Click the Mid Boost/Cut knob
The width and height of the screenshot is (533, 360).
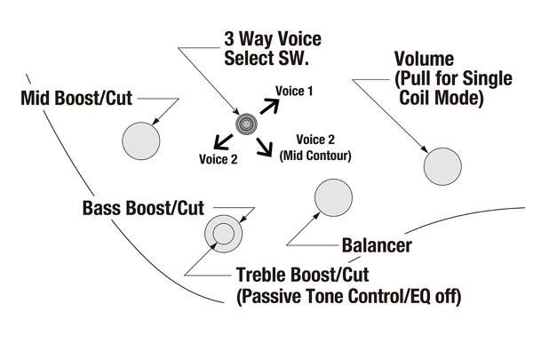140,139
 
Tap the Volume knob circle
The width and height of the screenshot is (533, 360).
442,166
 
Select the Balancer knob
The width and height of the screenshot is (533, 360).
334,196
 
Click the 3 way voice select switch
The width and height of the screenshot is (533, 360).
245,124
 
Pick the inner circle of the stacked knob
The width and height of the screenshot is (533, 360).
220,234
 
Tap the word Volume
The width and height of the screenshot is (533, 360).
425,60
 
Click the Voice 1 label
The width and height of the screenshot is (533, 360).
295,90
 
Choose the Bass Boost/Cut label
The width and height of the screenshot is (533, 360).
142,209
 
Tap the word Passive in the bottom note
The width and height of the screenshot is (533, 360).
276,296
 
